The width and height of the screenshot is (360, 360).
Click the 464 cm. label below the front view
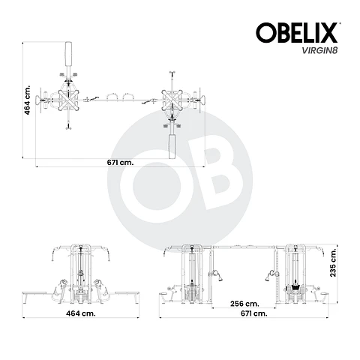click(81, 313)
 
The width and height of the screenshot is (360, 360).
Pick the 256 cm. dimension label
click(244, 304)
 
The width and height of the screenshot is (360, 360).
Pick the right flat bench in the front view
click(124, 290)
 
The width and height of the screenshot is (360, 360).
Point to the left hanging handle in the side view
click(215, 273)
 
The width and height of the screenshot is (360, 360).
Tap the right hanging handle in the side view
click(265, 273)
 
